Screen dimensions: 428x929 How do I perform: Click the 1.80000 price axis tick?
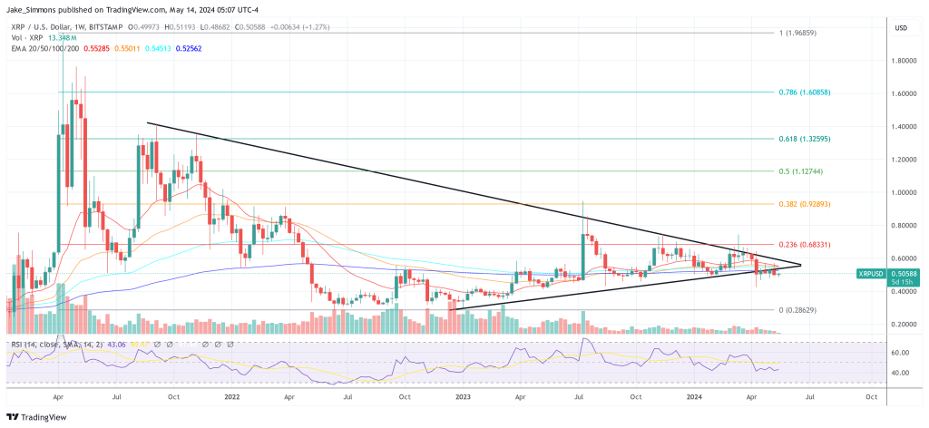pyautogui.click(x=904, y=62)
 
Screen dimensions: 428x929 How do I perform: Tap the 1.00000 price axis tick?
pyautogui.click(x=904, y=192)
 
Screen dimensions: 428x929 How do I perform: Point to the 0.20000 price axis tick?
pyautogui.click(x=904, y=324)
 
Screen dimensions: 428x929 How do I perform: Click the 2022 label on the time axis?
pyautogui.click(x=231, y=396)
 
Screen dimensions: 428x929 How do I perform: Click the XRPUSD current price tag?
pyautogui.click(x=873, y=272)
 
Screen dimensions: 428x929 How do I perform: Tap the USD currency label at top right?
pyautogui.click(x=901, y=28)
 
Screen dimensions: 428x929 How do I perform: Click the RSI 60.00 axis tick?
pyautogui.click(x=901, y=353)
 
